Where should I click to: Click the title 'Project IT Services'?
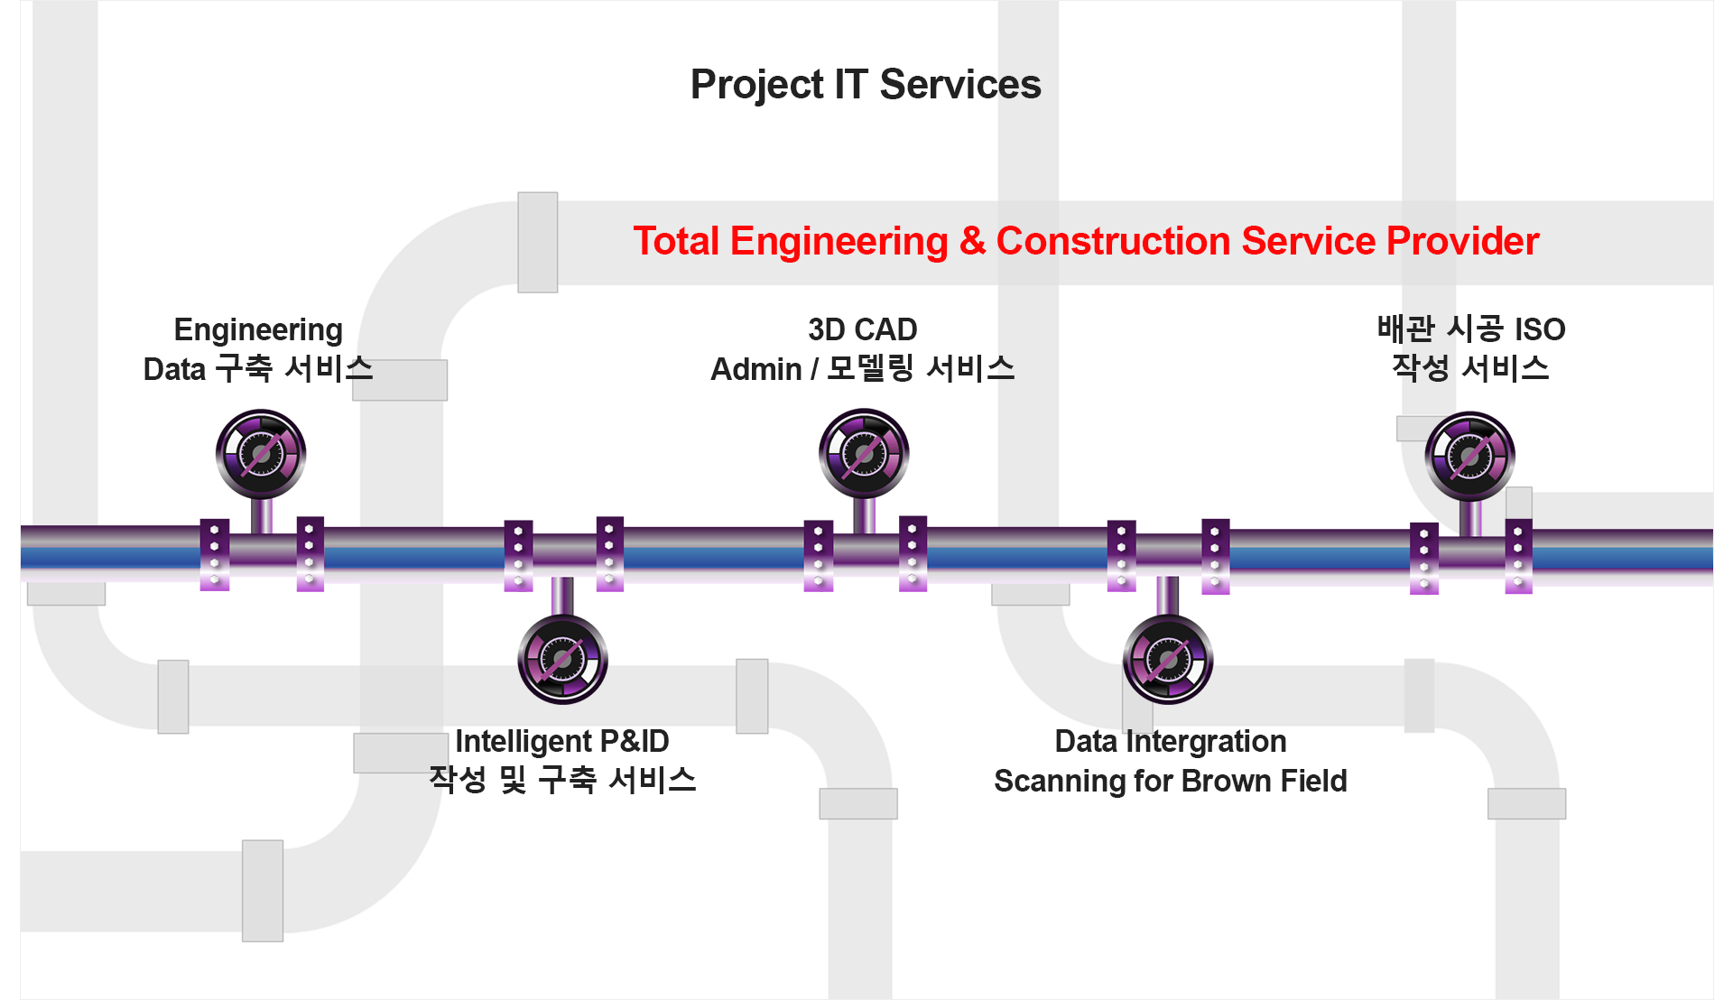tap(866, 85)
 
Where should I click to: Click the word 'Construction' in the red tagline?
tap(1113, 241)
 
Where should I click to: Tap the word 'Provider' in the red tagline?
tap(1462, 241)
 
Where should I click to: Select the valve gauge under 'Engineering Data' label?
tap(261, 454)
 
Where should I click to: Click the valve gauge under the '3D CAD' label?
tap(864, 453)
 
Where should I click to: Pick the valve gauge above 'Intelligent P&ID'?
tap(562, 660)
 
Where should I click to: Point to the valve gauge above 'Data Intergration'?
tap(1168, 660)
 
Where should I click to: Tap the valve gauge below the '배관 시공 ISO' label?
tap(1470, 456)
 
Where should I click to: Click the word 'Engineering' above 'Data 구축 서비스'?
tap(258, 330)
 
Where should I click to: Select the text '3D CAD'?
tap(863, 329)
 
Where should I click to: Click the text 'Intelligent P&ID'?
tap(561, 741)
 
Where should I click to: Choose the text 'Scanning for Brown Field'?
tap(1171, 781)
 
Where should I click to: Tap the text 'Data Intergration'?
tap(1171, 742)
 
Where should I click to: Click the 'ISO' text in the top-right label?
tap(1540, 329)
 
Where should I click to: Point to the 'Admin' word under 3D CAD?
tap(756, 369)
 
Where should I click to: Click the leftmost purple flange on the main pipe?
tap(214, 555)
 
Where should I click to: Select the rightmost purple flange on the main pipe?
tap(1518, 556)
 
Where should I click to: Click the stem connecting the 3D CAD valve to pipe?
tap(864, 514)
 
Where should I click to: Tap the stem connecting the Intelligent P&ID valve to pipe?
tap(562, 597)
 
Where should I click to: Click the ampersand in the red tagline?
tap(972, 241)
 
